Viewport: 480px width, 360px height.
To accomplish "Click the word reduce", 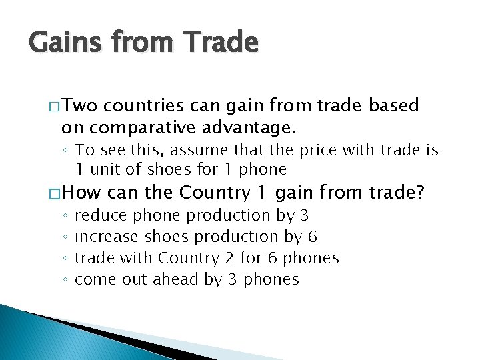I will pos(101,215).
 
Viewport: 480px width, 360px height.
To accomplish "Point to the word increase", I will pos(106,237).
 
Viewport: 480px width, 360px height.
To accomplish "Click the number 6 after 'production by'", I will pos(313,237).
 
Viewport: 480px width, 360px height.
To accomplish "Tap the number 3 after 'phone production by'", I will pos(304,215).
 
